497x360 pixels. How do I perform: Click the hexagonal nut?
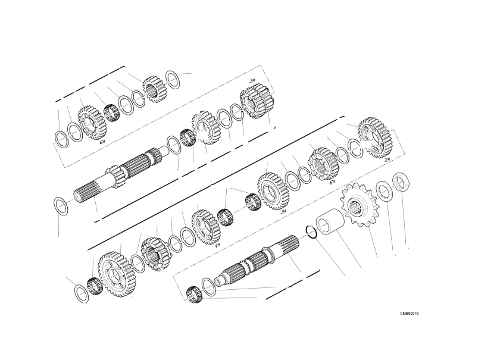(401, 181)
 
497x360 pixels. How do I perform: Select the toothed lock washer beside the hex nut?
(385, 191)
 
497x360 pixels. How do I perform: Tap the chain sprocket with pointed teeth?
(359, 205)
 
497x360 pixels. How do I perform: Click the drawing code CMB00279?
(409, 314)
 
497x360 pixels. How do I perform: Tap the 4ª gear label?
(217, 246)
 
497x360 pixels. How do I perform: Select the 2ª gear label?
(387, 160)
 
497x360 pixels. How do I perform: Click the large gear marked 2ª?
(376, 138)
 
